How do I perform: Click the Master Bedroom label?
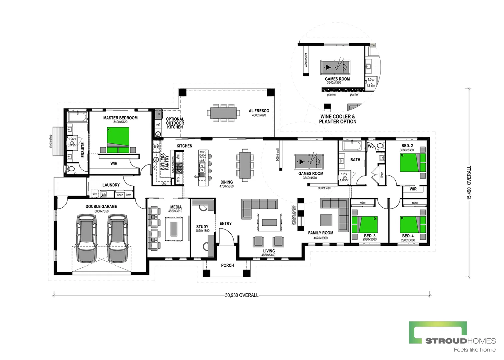pyautogui.click(x=120, y=118)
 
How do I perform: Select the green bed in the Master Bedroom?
pyautogui.click(x=118, y=140)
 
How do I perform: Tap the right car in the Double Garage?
pyautogui.click(x=117, y=238)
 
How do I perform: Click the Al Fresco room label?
pyautogui.click(x=259, y=111)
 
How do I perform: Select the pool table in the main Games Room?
pyautogui.click(x=307, y=162)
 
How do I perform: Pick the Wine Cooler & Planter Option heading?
pyautogui.click(x=337, y=119)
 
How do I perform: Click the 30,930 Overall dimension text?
pyautogui.click(x=242, y=295)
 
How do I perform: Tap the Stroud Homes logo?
pyautogui.click(x=452, y=336)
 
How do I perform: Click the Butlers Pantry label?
pyautogui.click(x=165, y=162)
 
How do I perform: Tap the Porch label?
pyautogui.click(x=227, y=265)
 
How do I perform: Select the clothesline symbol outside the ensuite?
pyautogui.click(x=58, y=141)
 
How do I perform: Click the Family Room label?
pyautogui.click(x=320, y=233)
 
